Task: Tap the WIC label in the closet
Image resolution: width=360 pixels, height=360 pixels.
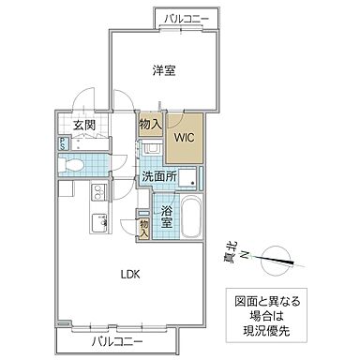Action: coord(184,136)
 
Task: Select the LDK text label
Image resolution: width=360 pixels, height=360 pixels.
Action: coord(129,276)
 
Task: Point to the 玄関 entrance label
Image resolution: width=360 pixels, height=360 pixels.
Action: coord(83,124)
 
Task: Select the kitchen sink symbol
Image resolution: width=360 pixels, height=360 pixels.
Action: coord(97,223)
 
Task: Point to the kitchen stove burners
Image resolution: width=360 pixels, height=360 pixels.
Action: coord(97,194)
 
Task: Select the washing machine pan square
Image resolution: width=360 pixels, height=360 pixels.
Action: coord(186,177)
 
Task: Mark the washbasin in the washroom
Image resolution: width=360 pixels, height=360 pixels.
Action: coord(152,151)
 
